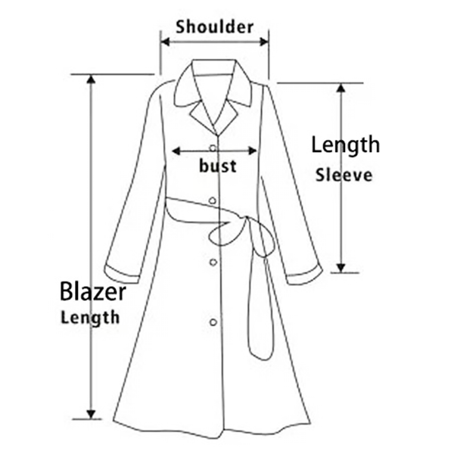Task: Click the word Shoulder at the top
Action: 215,27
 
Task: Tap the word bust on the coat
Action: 218,166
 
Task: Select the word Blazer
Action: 92,291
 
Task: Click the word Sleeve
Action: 344,176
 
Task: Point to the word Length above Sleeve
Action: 345,145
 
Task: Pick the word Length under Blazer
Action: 90,318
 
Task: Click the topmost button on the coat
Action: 213,148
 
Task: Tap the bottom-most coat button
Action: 213,322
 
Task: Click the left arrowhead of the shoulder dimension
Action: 165,42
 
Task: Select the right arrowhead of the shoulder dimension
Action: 264,42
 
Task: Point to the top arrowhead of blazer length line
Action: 92,79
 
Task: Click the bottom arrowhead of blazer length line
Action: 92,415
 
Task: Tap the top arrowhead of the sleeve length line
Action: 342,88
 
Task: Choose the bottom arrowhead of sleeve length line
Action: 342,268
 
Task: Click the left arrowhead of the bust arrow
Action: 176,151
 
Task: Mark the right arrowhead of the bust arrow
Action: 253,151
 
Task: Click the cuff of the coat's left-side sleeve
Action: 122,274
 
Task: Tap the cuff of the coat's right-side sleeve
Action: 305,275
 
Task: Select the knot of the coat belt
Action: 247,219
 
